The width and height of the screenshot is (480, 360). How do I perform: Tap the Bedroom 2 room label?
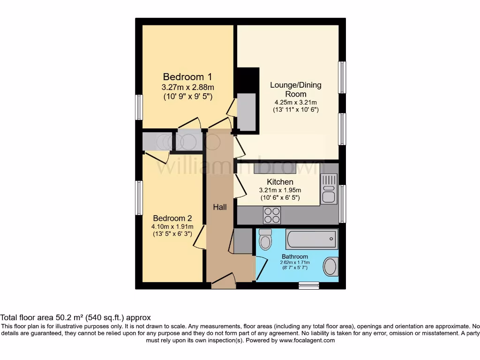[172, 218]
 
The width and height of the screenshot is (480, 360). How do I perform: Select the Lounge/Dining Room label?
[295, 90]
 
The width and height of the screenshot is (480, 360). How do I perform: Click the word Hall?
[220, 207]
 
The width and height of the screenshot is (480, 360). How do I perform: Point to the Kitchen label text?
[280, 182]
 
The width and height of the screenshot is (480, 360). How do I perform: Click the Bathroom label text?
[295, 256]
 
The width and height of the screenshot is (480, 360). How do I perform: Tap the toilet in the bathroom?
[265, 240]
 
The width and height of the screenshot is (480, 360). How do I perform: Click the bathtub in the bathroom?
[311, 239]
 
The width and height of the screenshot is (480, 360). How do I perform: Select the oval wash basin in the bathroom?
[331, 266]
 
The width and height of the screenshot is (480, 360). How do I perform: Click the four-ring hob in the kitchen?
[272, 215]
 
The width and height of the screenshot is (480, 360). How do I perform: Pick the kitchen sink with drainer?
[329, 189]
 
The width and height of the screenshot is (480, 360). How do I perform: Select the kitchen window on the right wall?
[342, 203]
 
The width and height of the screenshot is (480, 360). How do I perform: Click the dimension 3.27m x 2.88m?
[187, 87]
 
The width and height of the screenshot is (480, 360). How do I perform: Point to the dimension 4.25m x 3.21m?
[295, 103]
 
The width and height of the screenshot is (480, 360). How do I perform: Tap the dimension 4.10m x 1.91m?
[172, 227]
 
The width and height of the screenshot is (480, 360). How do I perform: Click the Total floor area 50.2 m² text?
[75, 317]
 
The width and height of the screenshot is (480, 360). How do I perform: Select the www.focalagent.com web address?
[307, 340]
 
